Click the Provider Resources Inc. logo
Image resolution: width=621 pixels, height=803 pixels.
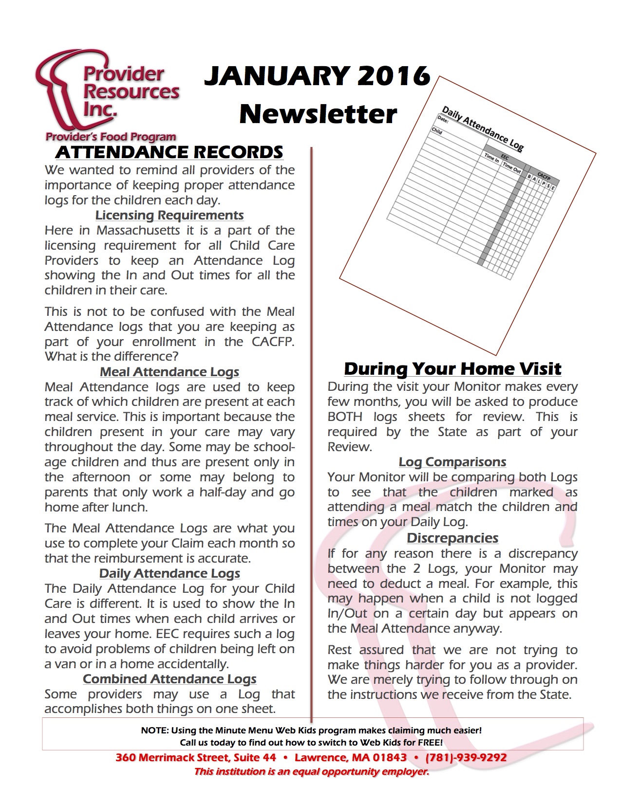107,97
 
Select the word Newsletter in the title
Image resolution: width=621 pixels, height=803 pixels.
318,114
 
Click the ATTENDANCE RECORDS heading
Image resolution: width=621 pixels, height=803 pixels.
169,152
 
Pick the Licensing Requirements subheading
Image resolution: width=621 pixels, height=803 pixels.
169,215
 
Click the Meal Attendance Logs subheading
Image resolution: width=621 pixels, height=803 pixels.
169,372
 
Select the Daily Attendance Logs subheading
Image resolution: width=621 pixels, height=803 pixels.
169,573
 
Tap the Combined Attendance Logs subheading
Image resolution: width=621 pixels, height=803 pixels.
169,679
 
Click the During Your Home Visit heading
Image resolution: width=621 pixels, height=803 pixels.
452,369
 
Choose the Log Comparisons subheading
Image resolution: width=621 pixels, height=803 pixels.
452,462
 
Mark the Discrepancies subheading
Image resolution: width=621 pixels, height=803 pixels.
452,538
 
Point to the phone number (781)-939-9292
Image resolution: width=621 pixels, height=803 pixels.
466,758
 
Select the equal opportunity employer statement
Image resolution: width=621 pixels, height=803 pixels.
311,772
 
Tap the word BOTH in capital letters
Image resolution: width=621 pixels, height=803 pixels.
345,417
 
